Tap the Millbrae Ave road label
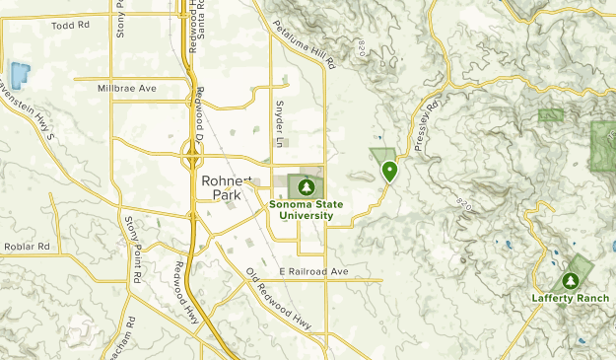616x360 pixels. (127, 89)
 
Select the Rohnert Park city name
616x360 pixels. (226, 187)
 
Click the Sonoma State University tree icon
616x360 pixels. (306, 186)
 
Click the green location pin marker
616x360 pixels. (390, 171)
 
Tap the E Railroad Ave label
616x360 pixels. (313, 271)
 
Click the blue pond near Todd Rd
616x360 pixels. (18, 73)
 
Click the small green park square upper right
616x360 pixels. (550, 115)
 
